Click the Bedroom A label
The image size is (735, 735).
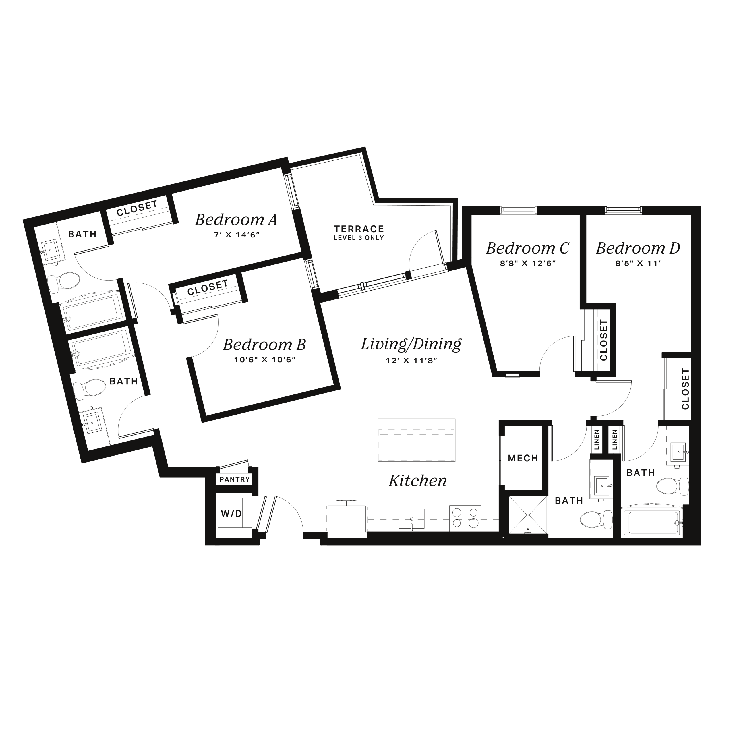point(236,220)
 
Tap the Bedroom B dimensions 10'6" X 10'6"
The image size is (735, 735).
point(265,360)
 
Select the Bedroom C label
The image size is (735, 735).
point(528,248)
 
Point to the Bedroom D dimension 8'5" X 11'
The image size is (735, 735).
point(638,263)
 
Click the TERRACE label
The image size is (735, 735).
point(359,229)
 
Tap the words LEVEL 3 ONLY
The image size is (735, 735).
point(359,238)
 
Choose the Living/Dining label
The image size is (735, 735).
point(411,344)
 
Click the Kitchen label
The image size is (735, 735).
point(418,481)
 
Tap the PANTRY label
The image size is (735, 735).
point(235,479)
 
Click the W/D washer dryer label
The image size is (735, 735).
point(232,514)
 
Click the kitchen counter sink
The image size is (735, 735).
point(412,519)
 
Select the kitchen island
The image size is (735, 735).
point(417,440)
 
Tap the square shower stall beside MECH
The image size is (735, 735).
point(528,515)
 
